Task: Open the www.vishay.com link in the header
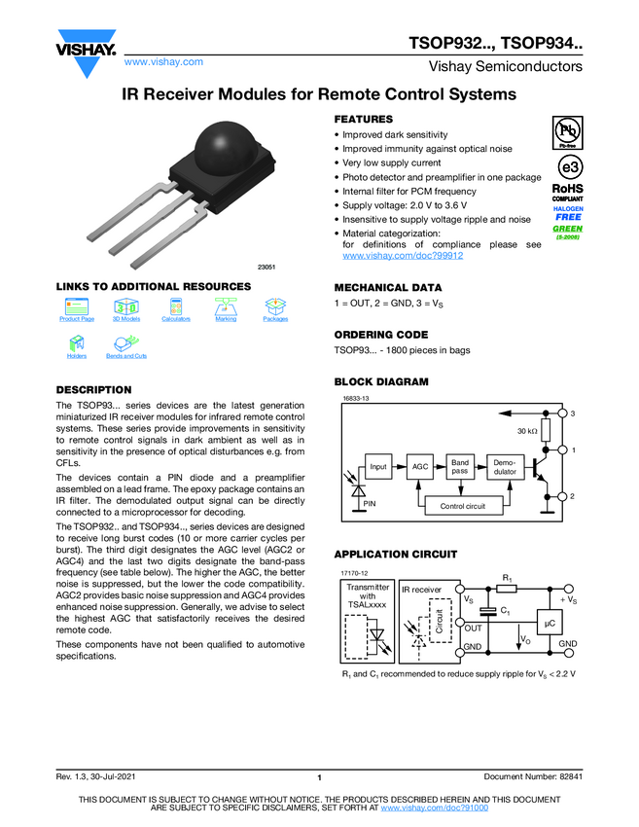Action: pos(163,61)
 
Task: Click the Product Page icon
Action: pos(77,306)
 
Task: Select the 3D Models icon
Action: pos(126,306)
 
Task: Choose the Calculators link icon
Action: pos(176,306)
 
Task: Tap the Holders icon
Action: pos(77,343)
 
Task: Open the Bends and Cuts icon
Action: pos(125,343)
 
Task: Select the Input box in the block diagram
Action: pos(378,467)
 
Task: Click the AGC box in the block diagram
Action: pos(420,467)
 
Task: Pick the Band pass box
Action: pos(460,467)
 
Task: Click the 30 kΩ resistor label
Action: pos(527,430)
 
